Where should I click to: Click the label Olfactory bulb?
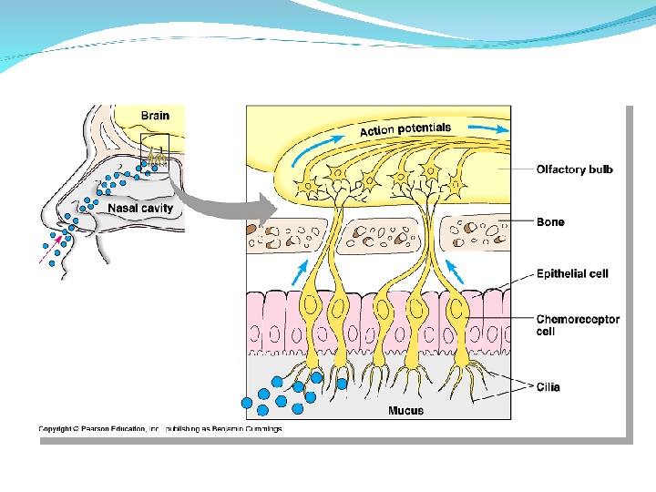coord(574,169)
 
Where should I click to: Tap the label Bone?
coord(550,222)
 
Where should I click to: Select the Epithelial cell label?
coord(572,273)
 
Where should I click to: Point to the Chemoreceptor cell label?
coord(578,325)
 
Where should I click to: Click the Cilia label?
coord(548,387)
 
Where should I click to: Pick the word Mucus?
coord(405,411)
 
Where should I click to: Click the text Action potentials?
coord(405,129)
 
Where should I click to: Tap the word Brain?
coord(155,116)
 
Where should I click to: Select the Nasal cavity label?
coord(140,208)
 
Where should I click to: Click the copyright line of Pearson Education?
coord(159,428)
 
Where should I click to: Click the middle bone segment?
coord(375,235)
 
